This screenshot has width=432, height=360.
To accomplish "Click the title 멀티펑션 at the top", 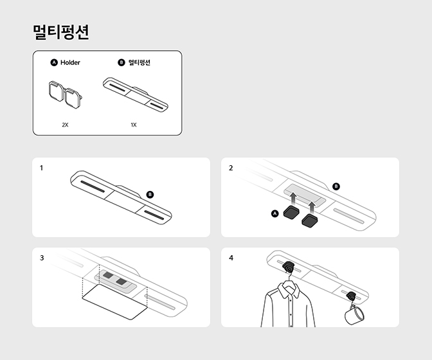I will (61, 32).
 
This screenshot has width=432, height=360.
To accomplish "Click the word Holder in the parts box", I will (70, 63).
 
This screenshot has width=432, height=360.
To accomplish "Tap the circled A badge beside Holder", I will (55, 63).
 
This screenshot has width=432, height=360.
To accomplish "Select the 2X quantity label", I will (65, 125).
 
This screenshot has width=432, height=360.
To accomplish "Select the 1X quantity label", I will (133, 125).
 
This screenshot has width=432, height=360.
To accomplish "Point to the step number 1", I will (41, 168).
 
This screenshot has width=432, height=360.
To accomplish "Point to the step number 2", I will (231, 168).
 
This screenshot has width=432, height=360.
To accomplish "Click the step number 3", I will (42, 258).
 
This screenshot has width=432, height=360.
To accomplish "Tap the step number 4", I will (231, 258).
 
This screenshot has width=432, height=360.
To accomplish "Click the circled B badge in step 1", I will (150, 194).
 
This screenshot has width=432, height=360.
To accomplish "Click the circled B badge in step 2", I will (336, 186).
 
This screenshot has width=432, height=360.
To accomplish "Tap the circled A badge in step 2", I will (275, 213).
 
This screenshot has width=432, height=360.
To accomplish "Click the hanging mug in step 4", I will (354, 316).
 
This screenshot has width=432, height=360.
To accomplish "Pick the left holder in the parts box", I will (58, 93).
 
